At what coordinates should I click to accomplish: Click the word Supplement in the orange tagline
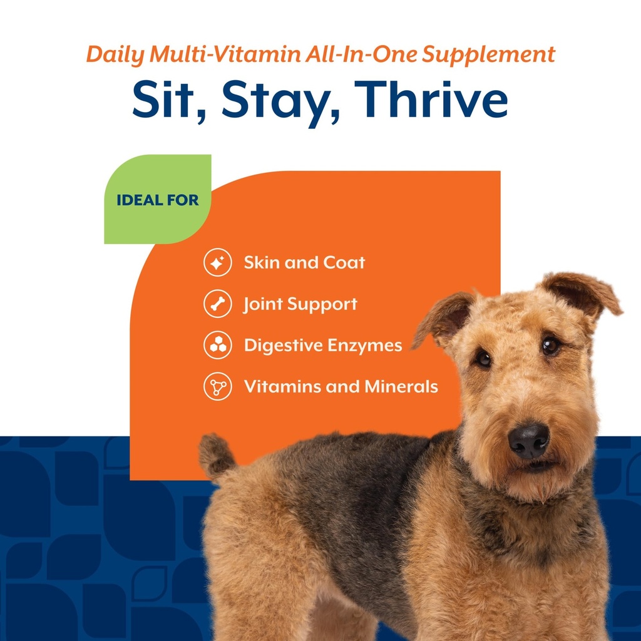[488, 55]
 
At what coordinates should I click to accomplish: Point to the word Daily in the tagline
[116, 55]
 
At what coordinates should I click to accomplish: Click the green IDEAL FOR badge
[157, 200]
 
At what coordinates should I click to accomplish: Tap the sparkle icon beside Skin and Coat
[217, 263]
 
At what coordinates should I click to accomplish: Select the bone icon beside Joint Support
[217, 304]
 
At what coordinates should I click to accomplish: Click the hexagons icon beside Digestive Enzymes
[217, 346]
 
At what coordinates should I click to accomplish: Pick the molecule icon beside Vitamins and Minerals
[217, 387]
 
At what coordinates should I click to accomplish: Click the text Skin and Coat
[304, 263]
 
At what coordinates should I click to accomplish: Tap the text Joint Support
[300, 304]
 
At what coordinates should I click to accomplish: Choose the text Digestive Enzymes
[323, 346]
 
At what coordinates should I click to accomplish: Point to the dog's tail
[217, 456]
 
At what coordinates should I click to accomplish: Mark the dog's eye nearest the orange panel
[483, 358]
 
